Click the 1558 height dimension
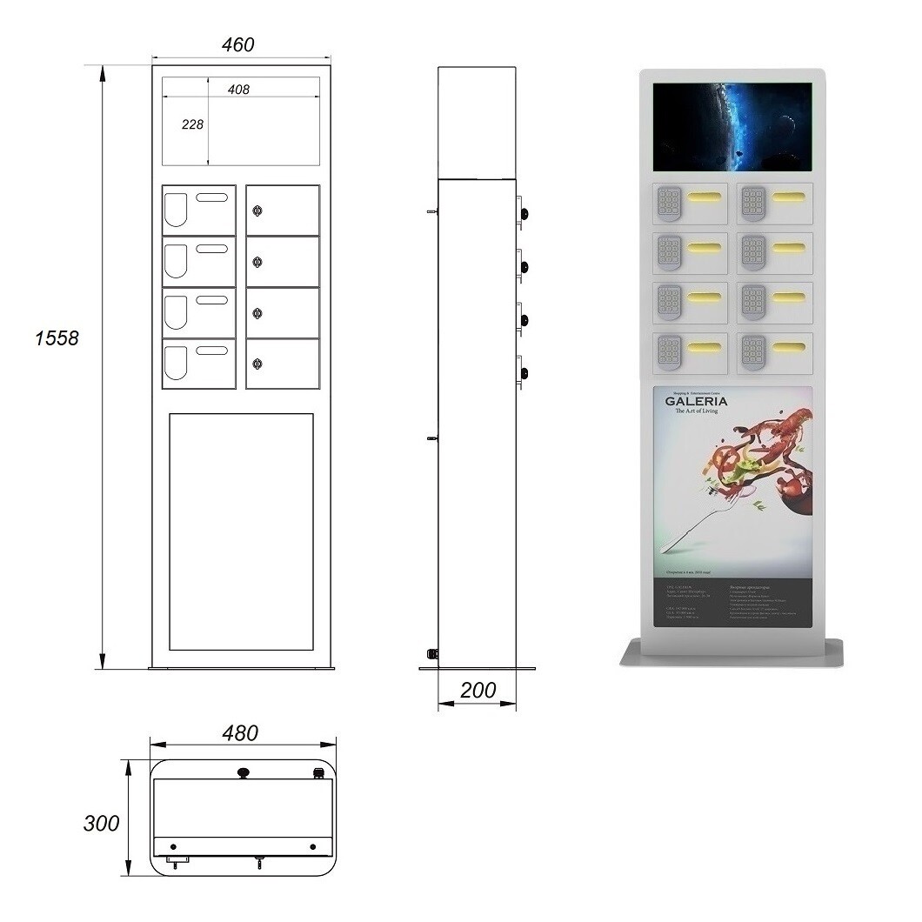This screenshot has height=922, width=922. point(57,337)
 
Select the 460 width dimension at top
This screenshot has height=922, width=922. point(238,44)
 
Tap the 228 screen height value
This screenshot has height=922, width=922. point(192,124)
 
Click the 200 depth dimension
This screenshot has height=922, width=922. point(478,691)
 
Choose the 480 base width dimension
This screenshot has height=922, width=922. point(240,733)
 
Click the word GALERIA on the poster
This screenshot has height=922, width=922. point(697,401)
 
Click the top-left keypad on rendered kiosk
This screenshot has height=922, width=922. point(668,203)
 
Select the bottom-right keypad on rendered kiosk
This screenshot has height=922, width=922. point(753,351)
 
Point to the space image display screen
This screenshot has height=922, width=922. point(732,127)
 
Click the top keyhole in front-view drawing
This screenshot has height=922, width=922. point(257,210)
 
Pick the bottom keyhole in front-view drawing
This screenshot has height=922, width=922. point(257,364)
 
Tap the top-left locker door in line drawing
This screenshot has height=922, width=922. point(199,210)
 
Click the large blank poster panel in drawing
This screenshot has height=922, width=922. point(241,531)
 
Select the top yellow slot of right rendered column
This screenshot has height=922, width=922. point(788,196)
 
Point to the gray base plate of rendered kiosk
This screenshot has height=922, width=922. point(732,652)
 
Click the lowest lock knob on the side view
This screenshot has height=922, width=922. point(524,373)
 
